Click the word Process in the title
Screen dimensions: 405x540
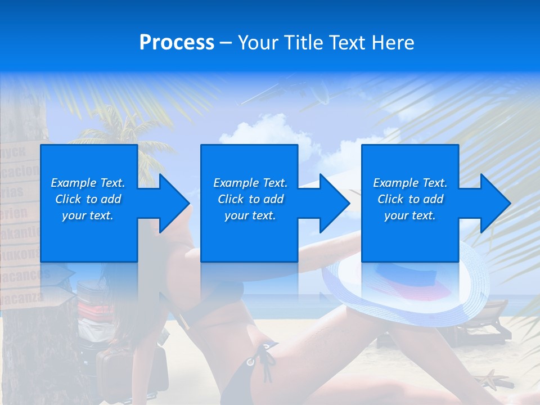(x=177, y=43)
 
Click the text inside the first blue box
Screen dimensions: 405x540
(x=88, y=199)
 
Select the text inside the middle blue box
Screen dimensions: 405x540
(x=250, y=199)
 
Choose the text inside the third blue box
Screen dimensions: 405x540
(x=410, y=199)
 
